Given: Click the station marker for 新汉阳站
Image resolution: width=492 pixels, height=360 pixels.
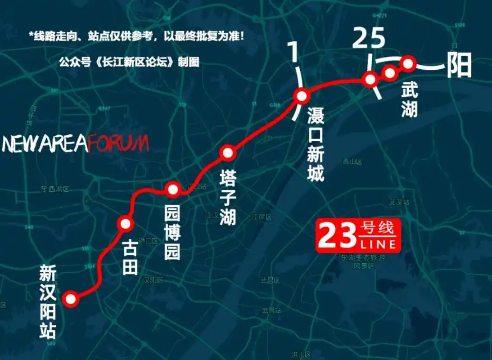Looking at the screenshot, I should pos(71,299).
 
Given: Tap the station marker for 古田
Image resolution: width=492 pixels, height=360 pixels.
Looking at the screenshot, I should pos(125,223).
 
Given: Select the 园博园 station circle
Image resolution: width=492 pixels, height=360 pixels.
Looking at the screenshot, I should pos(173,189).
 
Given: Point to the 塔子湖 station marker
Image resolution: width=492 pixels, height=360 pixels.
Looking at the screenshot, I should pos(228,153).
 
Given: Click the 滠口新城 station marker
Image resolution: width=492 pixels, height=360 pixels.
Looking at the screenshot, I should pos(301,96).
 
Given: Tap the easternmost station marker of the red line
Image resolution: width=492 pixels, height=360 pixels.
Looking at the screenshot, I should pos(407,64).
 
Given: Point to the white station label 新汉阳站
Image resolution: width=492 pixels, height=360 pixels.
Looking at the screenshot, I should pos(48,301).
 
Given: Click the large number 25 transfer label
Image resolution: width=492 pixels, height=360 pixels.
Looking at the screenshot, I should pos(369,39).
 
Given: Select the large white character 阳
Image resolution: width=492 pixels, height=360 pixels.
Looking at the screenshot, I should pos(459,66).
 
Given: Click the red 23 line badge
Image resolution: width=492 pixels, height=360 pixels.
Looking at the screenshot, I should pos(357,235).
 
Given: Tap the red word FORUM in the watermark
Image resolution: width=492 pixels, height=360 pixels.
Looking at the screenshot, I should pos(118,144).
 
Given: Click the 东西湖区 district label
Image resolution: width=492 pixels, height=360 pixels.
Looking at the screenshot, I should pos(55,189).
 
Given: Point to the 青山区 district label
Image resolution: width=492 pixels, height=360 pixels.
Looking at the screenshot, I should pos(352,161).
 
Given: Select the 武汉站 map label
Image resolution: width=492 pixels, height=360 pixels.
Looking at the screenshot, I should pos(399,202).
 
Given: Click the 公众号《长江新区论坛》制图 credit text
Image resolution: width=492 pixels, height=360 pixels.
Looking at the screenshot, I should pos(129,62).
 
